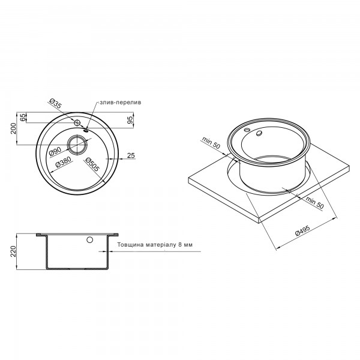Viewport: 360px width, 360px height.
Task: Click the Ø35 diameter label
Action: click(x=56, y=104)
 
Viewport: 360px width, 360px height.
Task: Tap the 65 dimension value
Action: click(x=23, y=118)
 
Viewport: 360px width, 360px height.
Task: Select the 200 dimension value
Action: click(x=14, y=128)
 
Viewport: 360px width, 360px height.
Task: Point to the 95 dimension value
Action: click(x=130, y=120)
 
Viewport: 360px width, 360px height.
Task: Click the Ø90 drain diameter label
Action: click(x=55, y=152)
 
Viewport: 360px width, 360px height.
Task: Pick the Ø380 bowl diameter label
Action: click(x=63, y=163)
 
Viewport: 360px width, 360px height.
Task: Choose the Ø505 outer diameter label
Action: click(x=92, y=164)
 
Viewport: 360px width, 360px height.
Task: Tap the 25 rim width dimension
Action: click(x=131, y=155)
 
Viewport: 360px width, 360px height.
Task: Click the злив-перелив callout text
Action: click(x=121, y=103)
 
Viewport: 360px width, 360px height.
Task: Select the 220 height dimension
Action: click(x=13, y=251)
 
